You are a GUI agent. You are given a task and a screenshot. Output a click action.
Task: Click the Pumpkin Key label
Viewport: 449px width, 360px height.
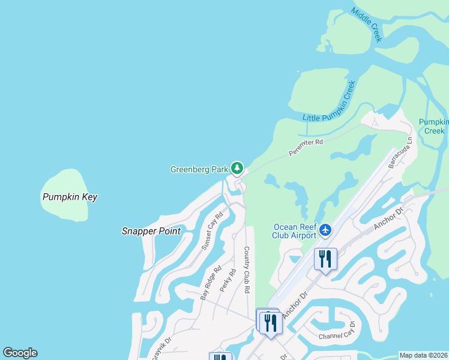[x=70, y=197]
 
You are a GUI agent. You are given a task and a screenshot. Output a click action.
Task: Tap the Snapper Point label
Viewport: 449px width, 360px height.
[x=151, y=231]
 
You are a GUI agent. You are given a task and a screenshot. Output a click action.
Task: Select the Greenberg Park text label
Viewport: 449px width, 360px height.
[x=199, y=169]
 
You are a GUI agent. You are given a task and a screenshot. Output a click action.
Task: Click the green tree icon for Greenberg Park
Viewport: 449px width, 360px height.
[x=238, y=168]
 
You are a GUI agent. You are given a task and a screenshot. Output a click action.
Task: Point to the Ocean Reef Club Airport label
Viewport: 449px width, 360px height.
[x=295, y=231]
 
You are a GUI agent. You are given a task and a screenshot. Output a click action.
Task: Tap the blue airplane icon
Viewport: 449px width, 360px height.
[x=325, y=230]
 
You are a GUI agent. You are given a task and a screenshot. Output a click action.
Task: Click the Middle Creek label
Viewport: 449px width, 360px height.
[x=367, y=25]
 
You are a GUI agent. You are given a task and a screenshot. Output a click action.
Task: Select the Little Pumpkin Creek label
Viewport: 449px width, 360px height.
[x=330, y=101]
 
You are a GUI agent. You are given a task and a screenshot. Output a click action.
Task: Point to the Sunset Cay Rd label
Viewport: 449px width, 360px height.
[x=212, y=230]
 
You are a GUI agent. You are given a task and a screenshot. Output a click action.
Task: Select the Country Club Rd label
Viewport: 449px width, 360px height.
[x=246, y=269]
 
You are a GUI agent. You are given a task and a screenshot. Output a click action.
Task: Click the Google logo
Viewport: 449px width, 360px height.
[x=20, y=353]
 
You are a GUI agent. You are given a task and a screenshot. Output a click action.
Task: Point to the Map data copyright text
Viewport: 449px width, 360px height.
[x=423, y=355]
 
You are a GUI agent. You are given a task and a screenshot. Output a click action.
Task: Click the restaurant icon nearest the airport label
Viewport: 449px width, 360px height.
[x=325, y=259]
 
